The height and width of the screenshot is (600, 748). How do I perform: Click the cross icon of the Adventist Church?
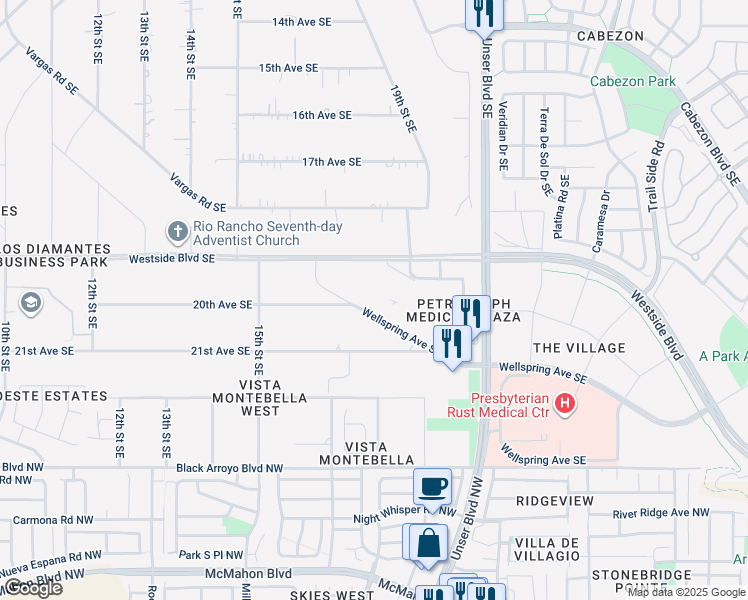[177, 233]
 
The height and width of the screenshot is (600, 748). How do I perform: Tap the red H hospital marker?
[566, 404]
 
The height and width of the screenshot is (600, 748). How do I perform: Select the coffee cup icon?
[432, 487]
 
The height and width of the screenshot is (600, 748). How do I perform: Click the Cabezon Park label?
[632, 82]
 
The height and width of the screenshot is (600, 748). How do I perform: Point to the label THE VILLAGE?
[579, 348]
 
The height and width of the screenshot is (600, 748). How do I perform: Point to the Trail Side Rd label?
[655, 175]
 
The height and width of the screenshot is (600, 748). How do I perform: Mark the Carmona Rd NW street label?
[55, 520]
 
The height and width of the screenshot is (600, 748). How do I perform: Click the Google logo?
[33, 588]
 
